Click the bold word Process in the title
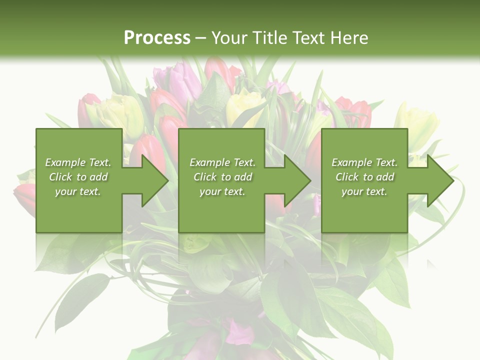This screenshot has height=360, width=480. coord(157,37)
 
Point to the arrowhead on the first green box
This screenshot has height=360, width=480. coord(150,180)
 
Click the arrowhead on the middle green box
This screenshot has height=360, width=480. coord(293,180)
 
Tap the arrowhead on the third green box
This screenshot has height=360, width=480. coord(436,180)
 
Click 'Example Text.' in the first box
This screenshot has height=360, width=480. coord(78,162)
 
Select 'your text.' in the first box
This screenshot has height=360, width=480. coord(78,191)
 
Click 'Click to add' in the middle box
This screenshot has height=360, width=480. coord(222,177)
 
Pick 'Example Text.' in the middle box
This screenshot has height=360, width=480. coord(222,162)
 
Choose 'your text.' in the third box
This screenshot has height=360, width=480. coord(364,191)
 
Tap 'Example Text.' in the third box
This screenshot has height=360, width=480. coord(364,162)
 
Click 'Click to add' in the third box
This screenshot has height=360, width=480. coord(364,177)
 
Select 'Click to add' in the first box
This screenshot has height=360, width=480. coord(78,177)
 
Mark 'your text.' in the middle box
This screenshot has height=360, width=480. coord(222,191)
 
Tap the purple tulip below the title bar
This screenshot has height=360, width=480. coord(175,80)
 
